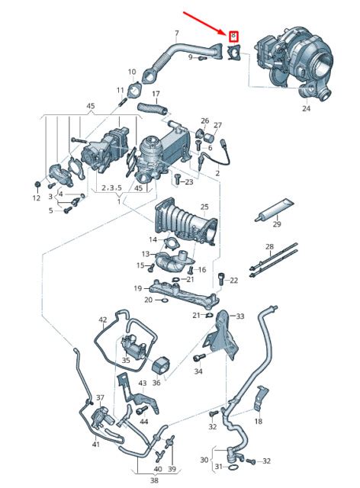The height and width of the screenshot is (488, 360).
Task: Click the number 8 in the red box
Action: pyautogui.click(x=233, y=36)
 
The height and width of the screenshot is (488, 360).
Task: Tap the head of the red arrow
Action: pyautogui.click(x=226, y=32)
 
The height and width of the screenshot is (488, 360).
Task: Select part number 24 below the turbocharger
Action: pyautogui.click(x=307, y=108)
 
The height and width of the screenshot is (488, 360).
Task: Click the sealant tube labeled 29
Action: pyautogui.click(x=273, y=210)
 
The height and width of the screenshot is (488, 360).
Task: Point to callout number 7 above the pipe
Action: pyautogui.click(x=177, y=33)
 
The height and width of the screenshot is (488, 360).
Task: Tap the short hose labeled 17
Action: pyautogui.click(x=153, y=108)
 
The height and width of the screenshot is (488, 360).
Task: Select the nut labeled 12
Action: pyautogui.click(x=37, y=185)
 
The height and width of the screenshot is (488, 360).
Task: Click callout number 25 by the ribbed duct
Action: pyautogui.click(x=204, y=207)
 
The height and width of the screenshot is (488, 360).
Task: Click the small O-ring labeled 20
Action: pyautogui.click(x=164, y=300)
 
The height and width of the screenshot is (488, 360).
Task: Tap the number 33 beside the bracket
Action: pyautogui.click(x=239, y=316)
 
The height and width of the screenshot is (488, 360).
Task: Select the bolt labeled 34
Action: pyautogui.click(x=199, y=358)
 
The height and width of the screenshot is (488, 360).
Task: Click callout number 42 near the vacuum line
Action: pyautogui.click(x=103, y=319)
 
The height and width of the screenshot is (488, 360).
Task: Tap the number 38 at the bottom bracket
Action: pyautogui.click(x=154, y=480)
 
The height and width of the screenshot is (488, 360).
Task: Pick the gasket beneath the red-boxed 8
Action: pyautogui.click(x=234, y=52)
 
